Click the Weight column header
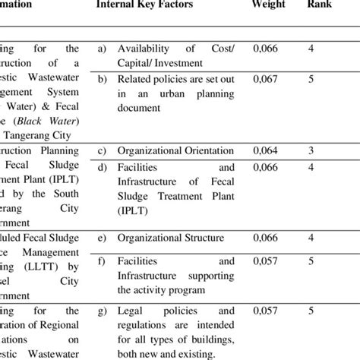(x=269, y=5)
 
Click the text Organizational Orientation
(x=175, y=150)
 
